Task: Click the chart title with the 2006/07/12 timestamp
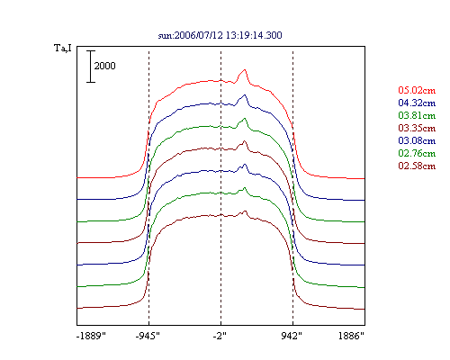point(220,35)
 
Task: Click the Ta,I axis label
point(63,48)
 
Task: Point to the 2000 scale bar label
point(104,66)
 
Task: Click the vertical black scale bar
point(91,67)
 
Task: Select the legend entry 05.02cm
point(417,90)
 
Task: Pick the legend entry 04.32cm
point(417,103)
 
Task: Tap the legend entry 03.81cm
point(417,115)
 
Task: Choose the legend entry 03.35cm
point(417,128)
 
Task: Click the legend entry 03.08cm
point(417,140)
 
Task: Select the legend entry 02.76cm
point(417,153)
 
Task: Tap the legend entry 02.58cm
point(417,166)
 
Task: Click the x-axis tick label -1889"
point(91,336)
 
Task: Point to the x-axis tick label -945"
point(148,336)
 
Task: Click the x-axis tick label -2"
point(220,336)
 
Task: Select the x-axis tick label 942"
point(292,336)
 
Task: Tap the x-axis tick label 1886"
point(351,336)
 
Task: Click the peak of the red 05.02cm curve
point(245,70)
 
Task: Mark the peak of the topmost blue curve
point(245,95)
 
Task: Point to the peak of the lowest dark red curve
point(246,211)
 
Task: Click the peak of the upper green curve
point(245,118)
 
